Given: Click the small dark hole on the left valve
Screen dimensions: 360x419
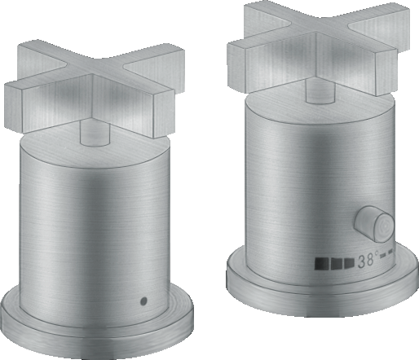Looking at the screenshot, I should [x=144, y=301].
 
